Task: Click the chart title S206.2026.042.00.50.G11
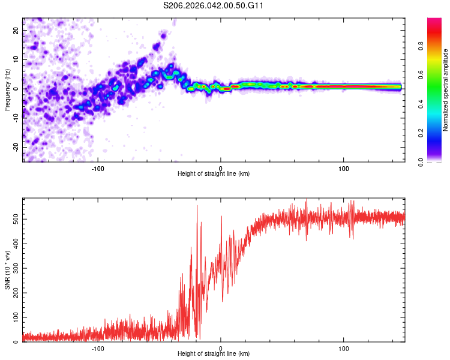click(x=214, y=5)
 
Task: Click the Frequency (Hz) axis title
click(x=7, y=89)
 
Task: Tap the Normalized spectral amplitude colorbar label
click(x=445, y=90)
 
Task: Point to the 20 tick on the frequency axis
click(x=15, y=30)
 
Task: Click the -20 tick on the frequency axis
click(x=14, y=147)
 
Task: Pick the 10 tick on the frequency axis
click(x=15, y=59)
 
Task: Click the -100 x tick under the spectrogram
click(x=98, y=167)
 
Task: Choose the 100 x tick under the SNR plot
click(x=344, y=348)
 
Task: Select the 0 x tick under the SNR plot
click(x=221, y=348)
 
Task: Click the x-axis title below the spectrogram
click(x=214, y=173)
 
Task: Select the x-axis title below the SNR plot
click(x=214, y=355)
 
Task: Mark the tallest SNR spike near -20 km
click(x=197, y=206)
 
